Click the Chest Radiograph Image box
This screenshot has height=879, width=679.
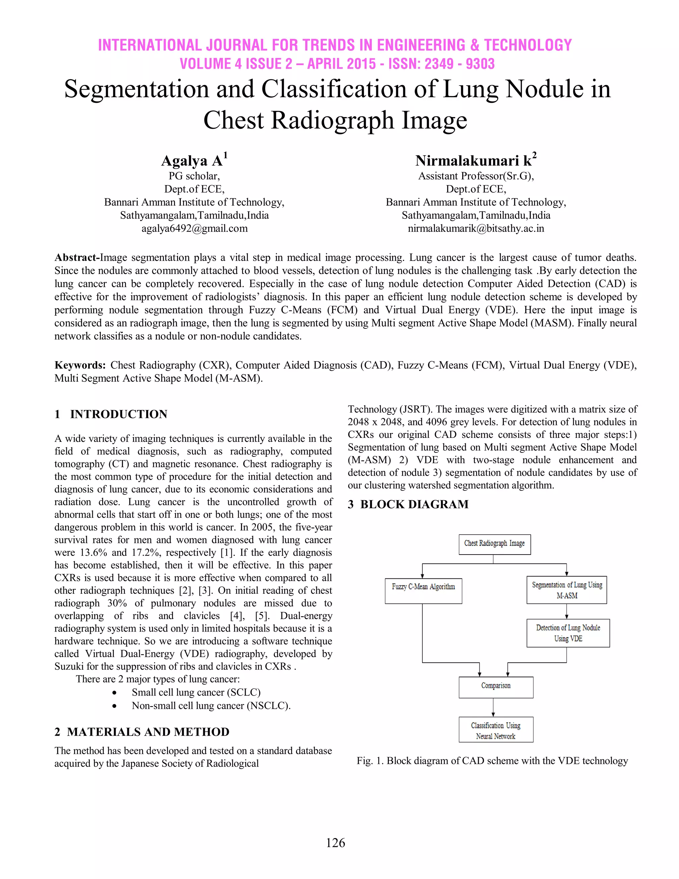[494, 544]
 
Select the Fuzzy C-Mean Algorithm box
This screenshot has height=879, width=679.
[423, 590]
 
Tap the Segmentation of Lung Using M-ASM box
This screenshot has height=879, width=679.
[566, 590]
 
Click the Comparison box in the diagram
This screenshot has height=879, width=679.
[496, 687]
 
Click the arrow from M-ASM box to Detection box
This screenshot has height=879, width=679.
[566, 611]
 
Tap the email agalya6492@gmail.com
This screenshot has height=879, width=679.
[194, 229]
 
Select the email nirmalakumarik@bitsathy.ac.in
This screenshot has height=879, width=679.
[476, 229]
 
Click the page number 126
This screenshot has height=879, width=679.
[336, 843]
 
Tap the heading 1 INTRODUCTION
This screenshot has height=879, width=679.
[111, 414]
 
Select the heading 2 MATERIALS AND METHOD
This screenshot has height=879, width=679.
[142, 732]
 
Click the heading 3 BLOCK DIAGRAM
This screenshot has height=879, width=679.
[408, 504]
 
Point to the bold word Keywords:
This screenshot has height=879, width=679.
[80, 365]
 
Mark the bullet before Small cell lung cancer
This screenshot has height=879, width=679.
[115, 693]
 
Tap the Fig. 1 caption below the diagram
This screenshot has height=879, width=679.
[492, 761]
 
